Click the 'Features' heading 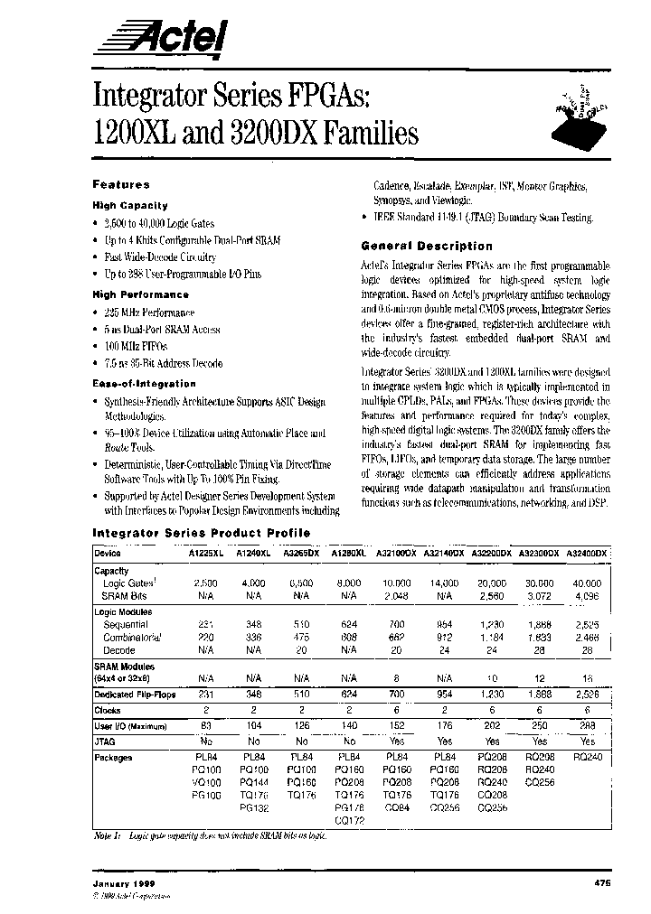[x=121, y=183]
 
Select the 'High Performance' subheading [x=140, y=294]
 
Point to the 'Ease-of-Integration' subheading [x=144, y=384]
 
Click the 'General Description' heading [x=427, y=246]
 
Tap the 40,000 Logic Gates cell [x=588, y=583]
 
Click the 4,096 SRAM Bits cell [x=588, y=596]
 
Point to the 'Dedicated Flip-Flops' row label [x=137, y=694]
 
